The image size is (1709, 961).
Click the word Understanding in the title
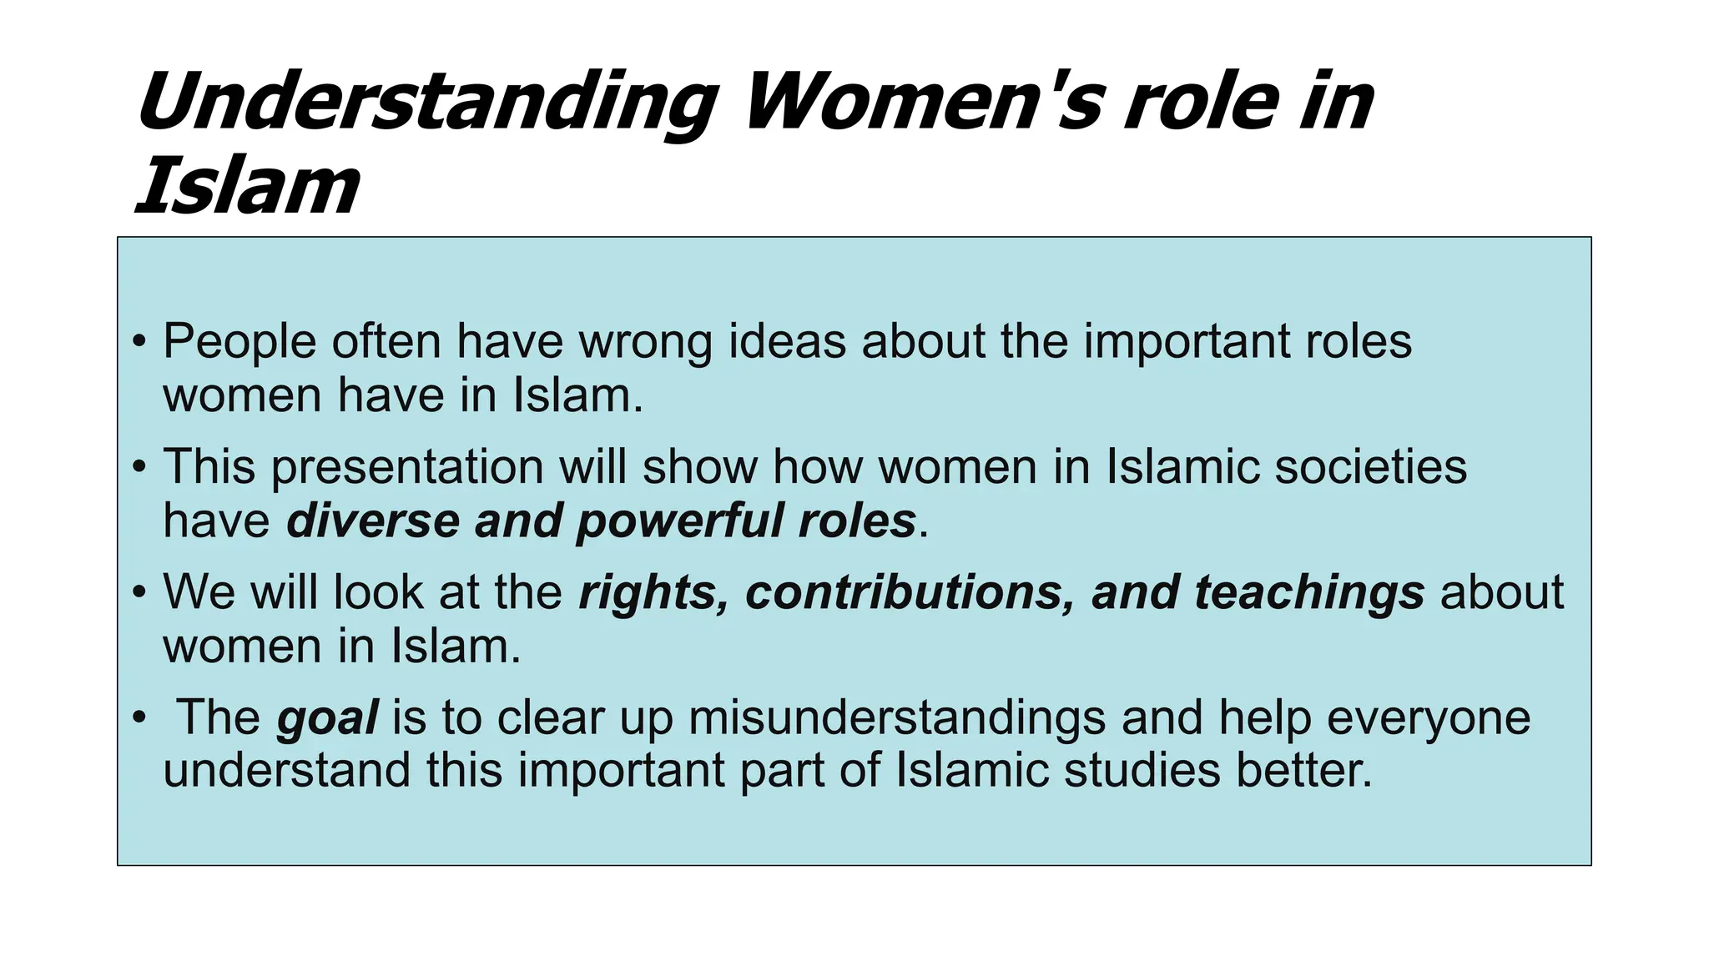coord(426,104)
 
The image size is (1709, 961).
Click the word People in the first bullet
coord(239,342)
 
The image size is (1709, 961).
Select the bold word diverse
coord(372,521)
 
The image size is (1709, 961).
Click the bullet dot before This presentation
coord(139,465)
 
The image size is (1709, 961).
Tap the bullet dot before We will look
coord(139,591)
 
